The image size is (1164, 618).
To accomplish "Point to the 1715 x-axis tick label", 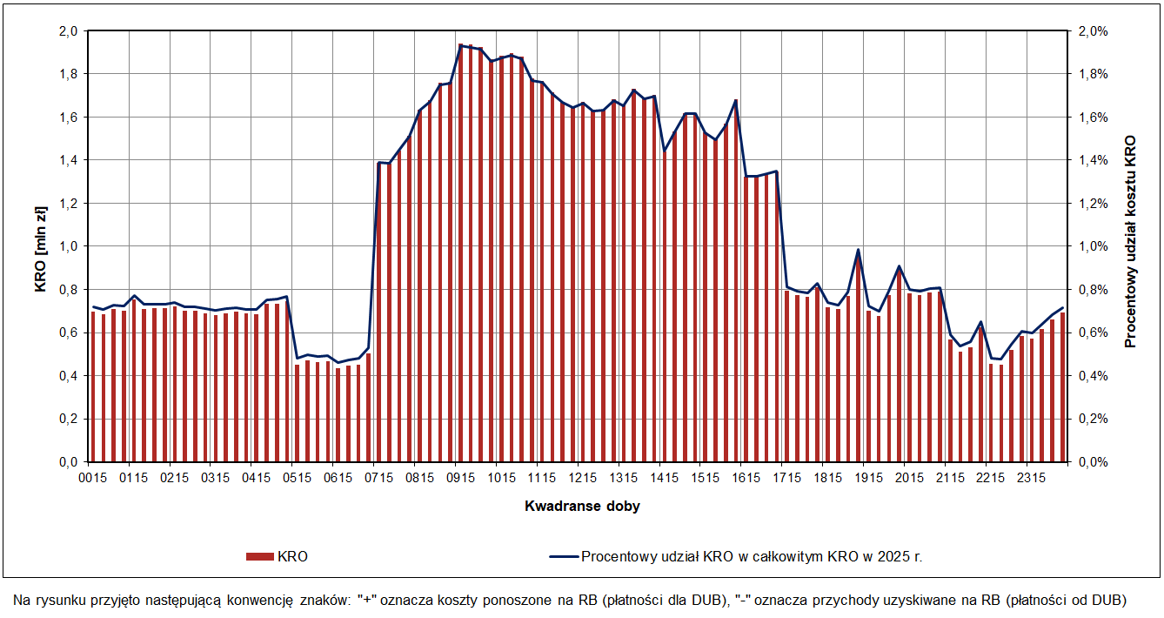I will tap(787, 478).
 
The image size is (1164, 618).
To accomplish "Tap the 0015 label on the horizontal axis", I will tap(90, 478).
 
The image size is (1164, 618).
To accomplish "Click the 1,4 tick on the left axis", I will tap(69, 160).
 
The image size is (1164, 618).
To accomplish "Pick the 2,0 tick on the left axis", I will tap(69, 31).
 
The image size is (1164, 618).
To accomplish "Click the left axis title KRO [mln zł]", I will tap(41, 246).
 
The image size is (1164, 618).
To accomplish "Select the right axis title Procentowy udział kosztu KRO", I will tap(1131, 242).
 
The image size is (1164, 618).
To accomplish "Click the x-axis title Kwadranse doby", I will tap(582, 506).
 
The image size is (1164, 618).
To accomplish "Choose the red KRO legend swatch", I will tap(259, 556).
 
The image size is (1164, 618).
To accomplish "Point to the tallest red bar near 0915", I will tap(461, 252).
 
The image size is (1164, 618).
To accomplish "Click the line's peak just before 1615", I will tap(736, 100).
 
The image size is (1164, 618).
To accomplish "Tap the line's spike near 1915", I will tap(858, 250).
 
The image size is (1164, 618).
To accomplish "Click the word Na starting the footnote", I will tap(22, 600).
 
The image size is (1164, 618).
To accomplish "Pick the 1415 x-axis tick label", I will tap(664, 478).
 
